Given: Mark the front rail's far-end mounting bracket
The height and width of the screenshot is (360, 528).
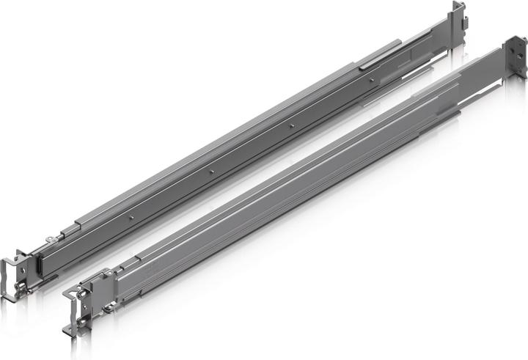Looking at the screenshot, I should [x=515, y=59].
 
